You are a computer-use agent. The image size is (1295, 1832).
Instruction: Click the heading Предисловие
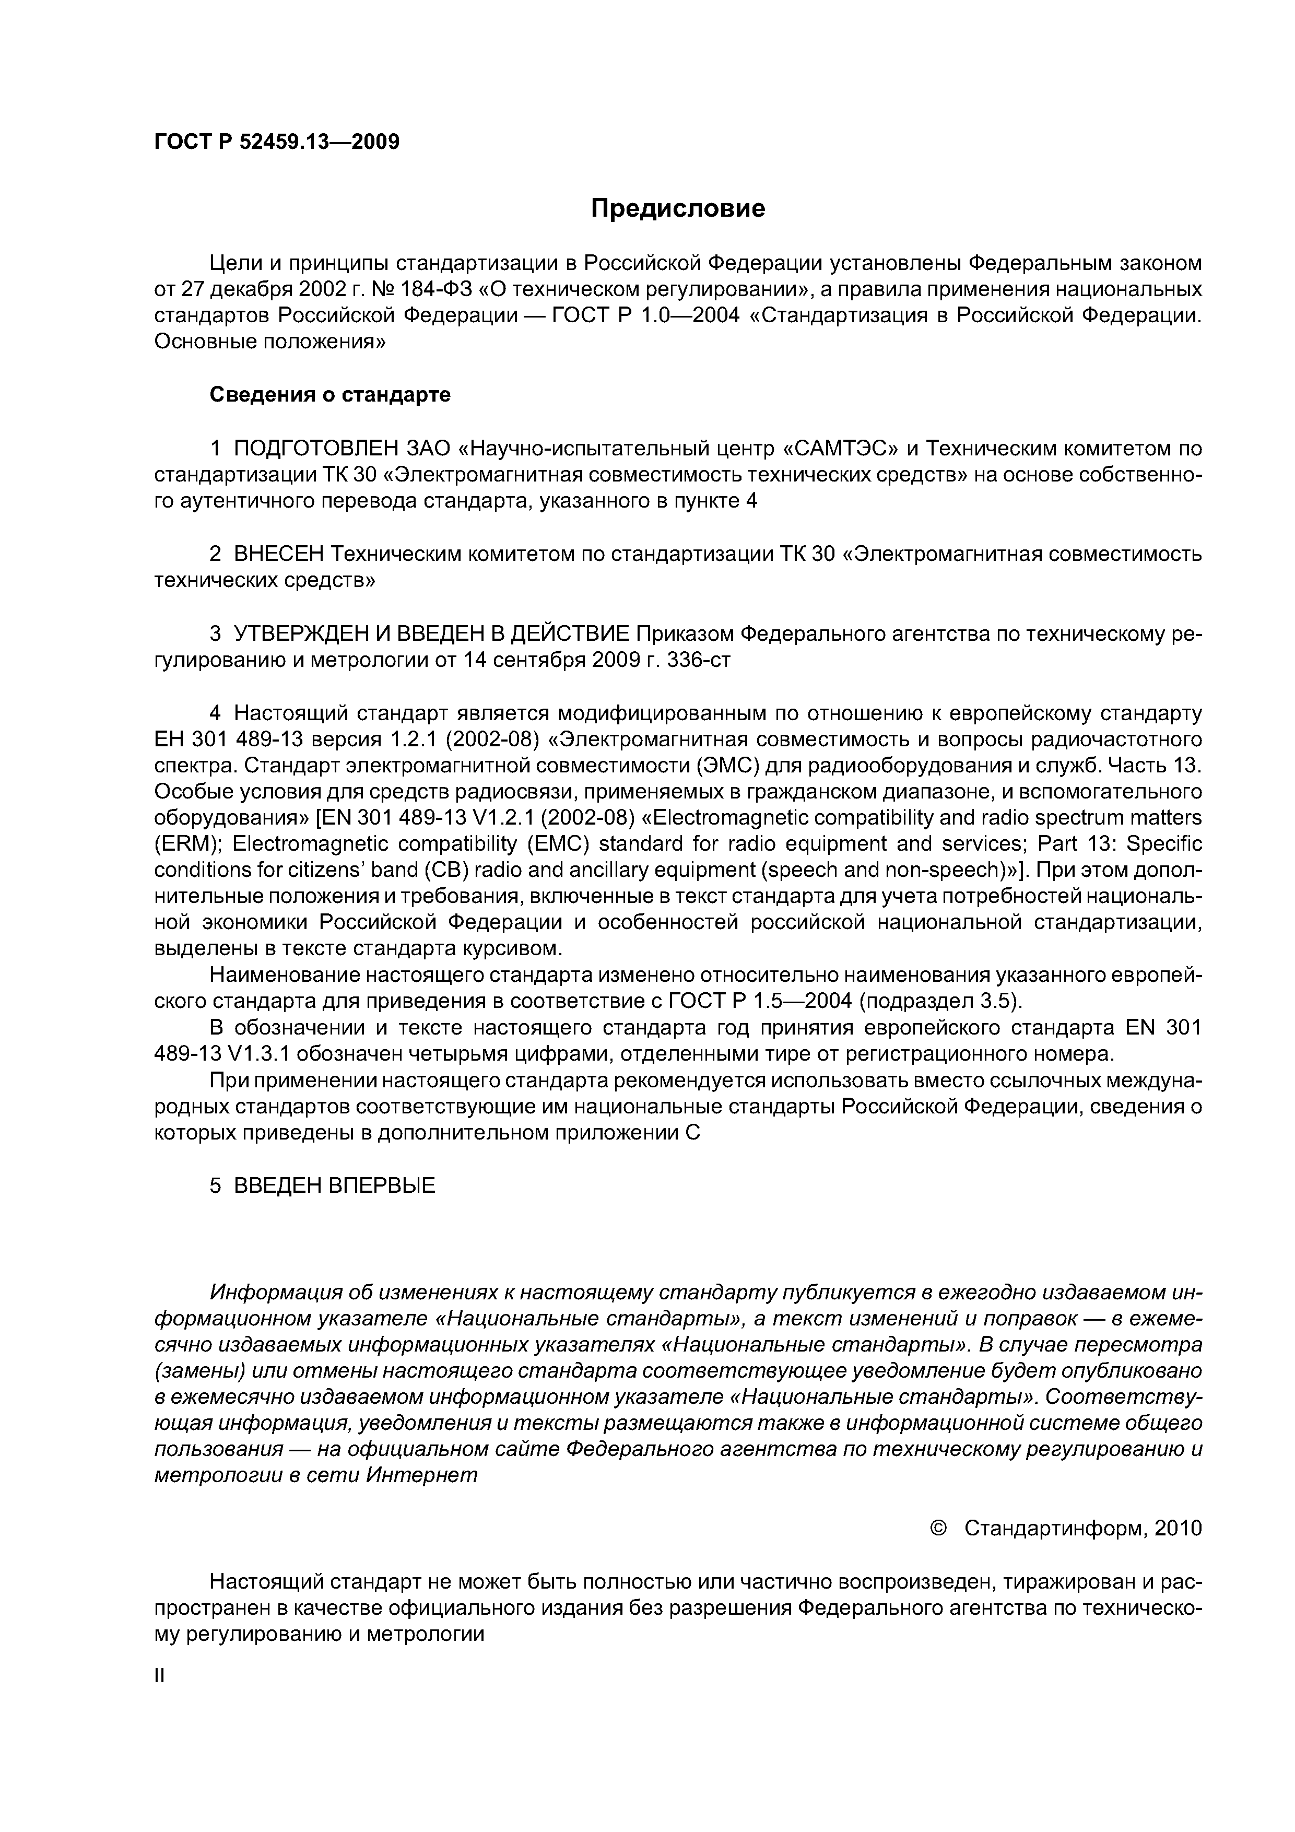coord(677,208)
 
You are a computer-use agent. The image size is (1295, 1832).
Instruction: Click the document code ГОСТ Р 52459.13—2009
coord(276,142)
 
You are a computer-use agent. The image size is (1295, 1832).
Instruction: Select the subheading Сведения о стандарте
coord(329,395)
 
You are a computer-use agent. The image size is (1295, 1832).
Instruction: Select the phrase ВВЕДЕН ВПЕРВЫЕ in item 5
coord(334,1185)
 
